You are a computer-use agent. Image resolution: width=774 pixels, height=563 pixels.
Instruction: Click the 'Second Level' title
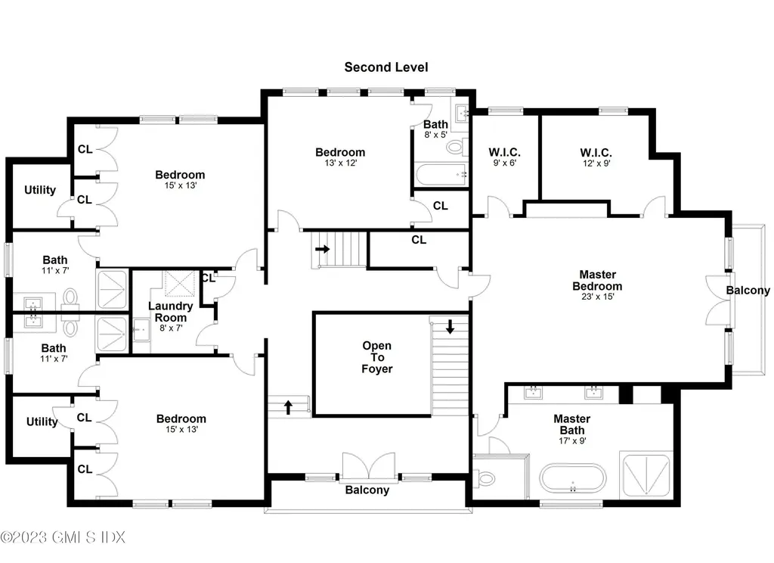click(386, 67)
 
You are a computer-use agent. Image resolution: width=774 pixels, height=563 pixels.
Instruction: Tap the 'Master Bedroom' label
click(597, 280)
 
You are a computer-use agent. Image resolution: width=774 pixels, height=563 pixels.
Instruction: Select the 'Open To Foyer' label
click(376, 357)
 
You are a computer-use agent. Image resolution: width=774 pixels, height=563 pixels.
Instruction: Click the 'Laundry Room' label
click(170, 312)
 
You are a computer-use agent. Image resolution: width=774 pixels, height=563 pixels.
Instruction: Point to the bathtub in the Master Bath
click(572, 480)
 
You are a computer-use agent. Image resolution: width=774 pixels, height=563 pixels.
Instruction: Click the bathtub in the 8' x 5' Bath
click(440, 174)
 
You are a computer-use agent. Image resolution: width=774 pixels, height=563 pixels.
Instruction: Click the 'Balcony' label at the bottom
click(367, 490)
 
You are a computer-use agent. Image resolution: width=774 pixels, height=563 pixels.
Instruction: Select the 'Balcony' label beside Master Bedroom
click(748, 290)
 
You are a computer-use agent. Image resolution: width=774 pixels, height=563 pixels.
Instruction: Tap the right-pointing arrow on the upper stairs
click(323, 247)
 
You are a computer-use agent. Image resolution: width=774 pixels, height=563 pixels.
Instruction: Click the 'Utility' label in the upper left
click(40, 190)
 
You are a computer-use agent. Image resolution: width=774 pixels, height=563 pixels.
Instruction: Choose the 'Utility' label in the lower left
click(42, 421)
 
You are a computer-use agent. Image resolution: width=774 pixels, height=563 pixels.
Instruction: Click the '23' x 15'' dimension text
click(597, 297)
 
